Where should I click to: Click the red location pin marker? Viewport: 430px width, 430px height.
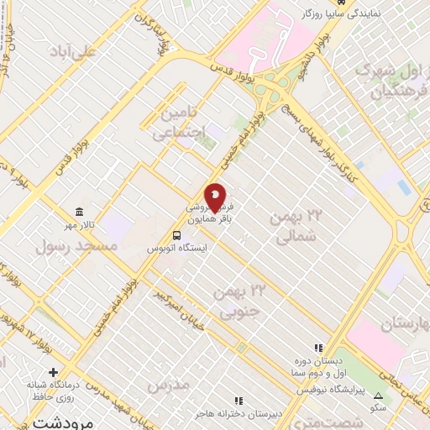click(x=215, y=197)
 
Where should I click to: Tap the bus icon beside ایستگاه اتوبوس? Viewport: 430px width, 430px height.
click(x=177, y=235)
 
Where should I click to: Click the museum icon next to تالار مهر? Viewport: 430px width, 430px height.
click(x=79, y=212)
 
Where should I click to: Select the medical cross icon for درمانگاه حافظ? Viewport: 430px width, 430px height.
click(x=54, y=371)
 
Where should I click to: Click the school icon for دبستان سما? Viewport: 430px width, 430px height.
click(x=318, y=347)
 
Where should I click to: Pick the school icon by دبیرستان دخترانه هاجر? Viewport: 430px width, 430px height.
click(x=239, y=401)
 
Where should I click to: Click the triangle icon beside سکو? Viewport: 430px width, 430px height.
click(x=378, y=395)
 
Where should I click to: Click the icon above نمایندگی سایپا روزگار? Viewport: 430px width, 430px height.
click(x=306, y=3)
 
